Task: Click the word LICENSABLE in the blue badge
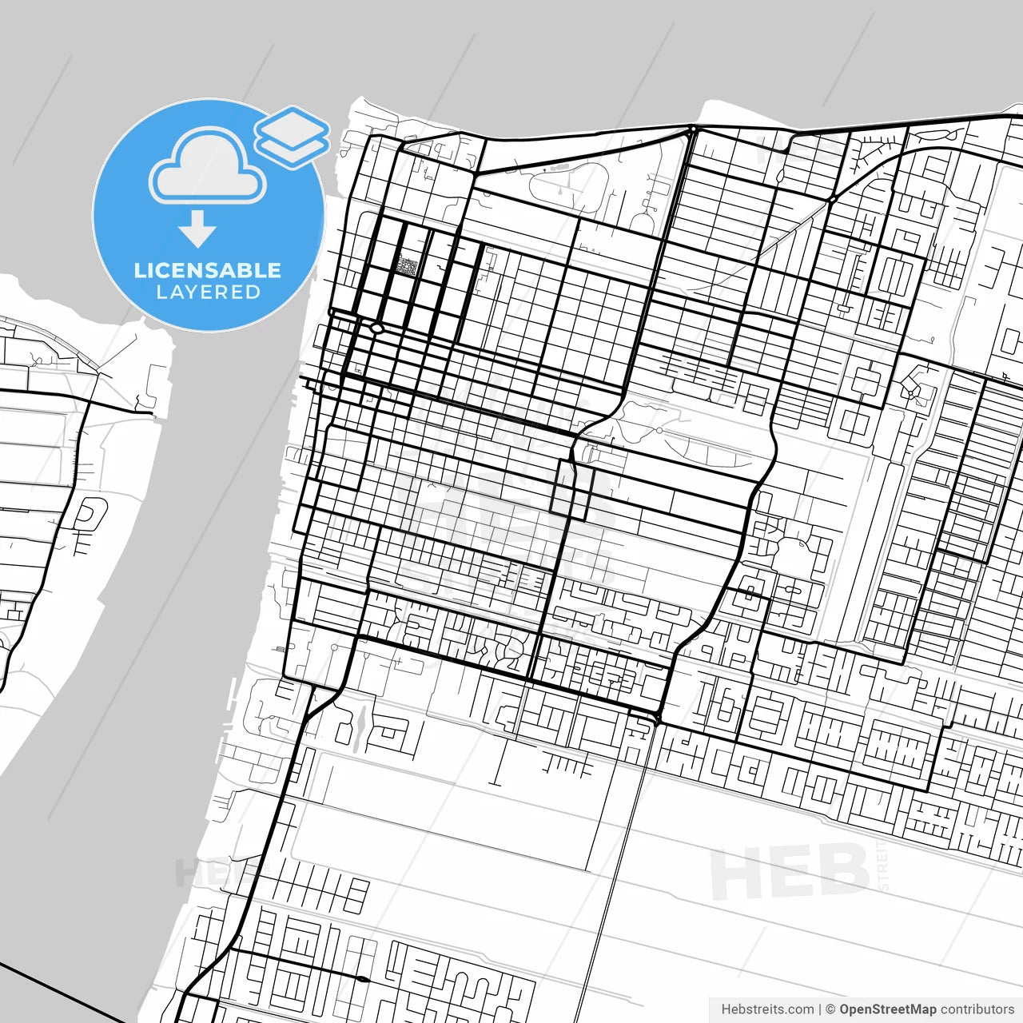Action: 208,270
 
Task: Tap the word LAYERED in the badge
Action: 208,293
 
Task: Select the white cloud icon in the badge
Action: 208,168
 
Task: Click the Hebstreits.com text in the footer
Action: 767,1009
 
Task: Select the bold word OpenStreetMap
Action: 887,1009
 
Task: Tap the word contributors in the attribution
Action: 977,1009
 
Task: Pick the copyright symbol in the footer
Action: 830,1009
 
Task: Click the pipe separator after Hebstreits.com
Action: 820,1009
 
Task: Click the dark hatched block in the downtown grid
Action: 408,266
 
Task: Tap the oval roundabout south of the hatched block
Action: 376,328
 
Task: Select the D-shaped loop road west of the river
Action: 90,513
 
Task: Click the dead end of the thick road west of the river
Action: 152,413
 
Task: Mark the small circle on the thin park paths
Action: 659,430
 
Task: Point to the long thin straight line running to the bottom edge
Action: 607,879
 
